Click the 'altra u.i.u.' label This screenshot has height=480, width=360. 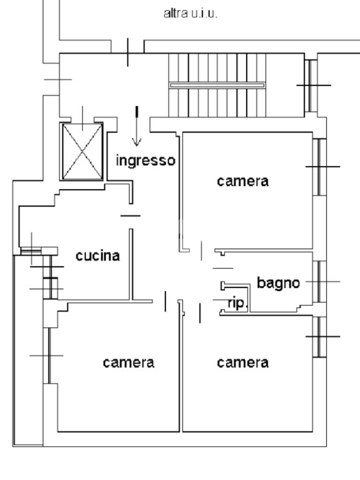pos(190,14)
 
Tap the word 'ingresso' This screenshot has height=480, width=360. pos(146,160)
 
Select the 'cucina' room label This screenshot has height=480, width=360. pos(97,255)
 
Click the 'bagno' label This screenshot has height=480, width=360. pos(278,283)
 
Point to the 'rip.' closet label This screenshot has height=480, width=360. pos(237,303)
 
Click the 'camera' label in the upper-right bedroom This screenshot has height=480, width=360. pos(243,181)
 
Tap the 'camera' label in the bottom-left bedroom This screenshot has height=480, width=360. pos(128,362)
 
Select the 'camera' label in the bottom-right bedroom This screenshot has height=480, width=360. pos(243,362)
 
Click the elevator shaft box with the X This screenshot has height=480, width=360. pos(82,151)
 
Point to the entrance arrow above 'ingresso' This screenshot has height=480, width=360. pos(136,126)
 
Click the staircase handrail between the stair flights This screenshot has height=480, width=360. pos(217,85)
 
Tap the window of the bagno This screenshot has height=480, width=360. pos(320,282)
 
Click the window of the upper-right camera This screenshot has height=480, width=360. pos(320,167)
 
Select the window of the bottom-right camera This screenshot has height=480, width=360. pos(320,337)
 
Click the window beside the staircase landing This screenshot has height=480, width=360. pos(311,85)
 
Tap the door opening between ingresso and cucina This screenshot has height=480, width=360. pos(131,216)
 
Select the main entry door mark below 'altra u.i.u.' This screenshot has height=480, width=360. pos(127,52)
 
